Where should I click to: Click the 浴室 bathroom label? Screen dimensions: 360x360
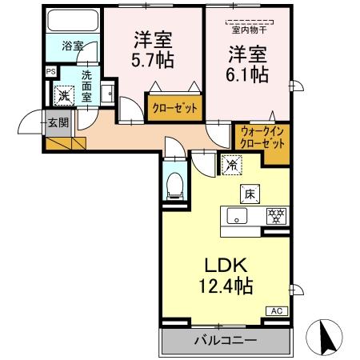tap(72, 46)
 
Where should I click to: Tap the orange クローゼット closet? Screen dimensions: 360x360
tap(171, 106)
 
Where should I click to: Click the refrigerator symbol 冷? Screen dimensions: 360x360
tap(230, 166)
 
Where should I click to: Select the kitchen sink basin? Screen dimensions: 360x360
tap(238, 215)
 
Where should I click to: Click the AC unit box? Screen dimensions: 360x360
tap(275, 310)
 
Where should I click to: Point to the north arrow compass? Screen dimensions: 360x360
tap(326, 334)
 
